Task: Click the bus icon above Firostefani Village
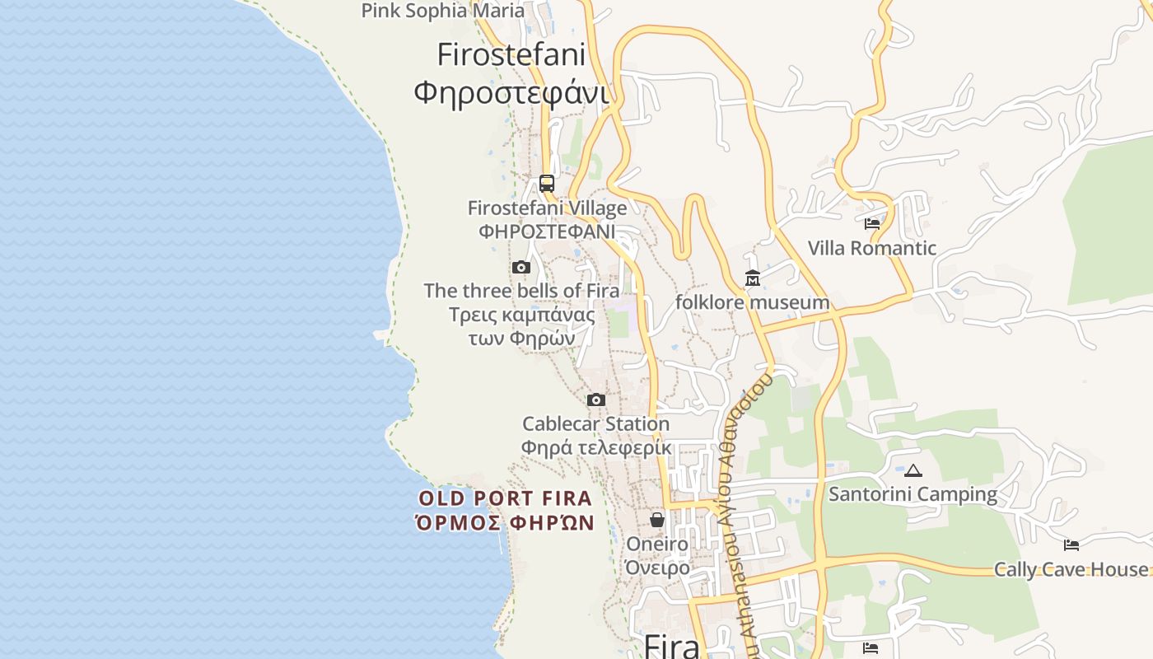tap(547, 183)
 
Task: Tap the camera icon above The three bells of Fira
tap(520, 267)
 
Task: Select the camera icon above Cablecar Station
tap(596, 400)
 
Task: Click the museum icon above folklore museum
tap(753, 278)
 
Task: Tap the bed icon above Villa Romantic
tap(872, 223)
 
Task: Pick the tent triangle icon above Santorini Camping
tap(913, 471)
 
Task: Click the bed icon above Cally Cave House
tap(1071, 544)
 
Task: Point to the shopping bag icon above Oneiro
tap(657, 520)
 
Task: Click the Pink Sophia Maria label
tap(442, 11)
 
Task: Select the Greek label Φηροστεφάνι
tap(511, 92)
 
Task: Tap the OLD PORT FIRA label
tap(505, 498)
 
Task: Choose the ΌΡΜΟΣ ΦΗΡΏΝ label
tap(505, 522)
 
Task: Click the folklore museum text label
tap(752, 302)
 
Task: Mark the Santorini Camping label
tap(913, 494)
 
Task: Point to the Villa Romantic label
tap(871, 248)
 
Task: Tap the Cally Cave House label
tap(1071, 569)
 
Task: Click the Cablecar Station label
tap(595, 424)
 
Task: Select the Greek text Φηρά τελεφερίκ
tap(595, 448)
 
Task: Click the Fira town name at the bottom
tap(672, 646)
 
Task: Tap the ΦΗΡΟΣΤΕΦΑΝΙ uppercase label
tap(547, 231)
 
